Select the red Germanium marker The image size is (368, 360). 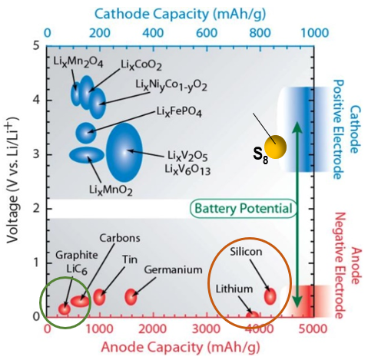coord(131,296)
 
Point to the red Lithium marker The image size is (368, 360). coord(253,315)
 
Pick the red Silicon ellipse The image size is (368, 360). coord(270,296)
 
